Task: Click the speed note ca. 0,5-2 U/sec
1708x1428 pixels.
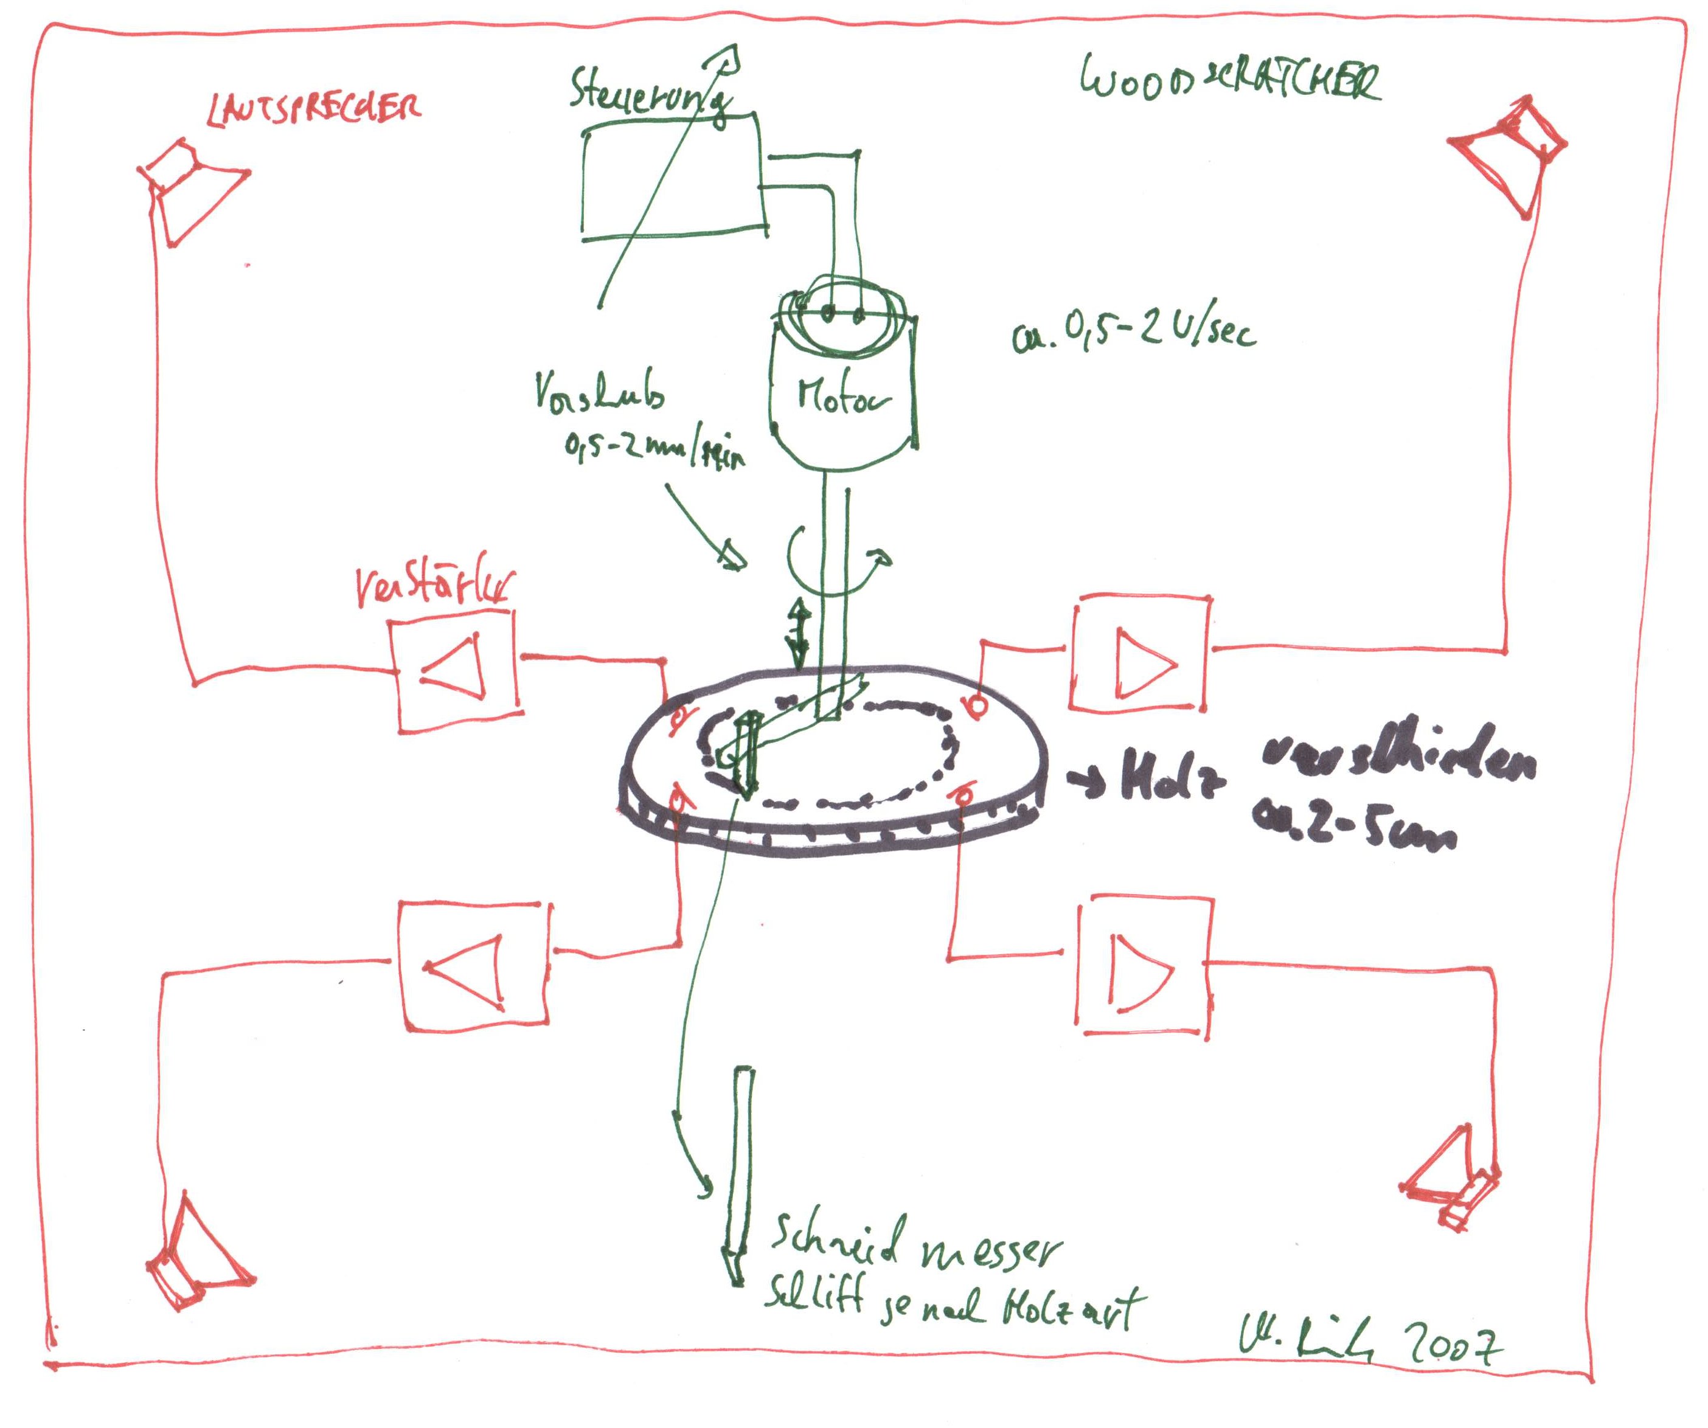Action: coord(1133,333)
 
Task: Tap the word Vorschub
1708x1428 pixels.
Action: coord(599,393)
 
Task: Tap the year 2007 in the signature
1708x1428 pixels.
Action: coord(1453,1346)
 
